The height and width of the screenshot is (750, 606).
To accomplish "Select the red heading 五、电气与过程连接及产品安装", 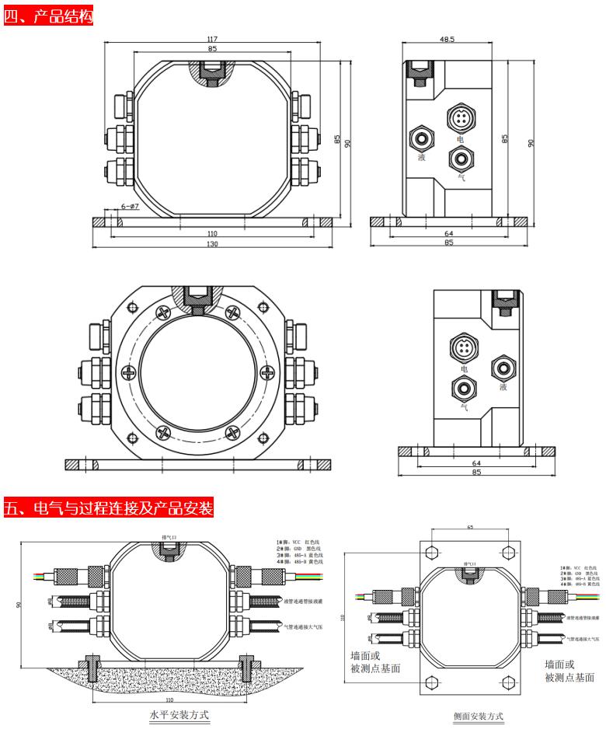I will point(108,509).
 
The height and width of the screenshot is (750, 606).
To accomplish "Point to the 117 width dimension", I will point(212,39).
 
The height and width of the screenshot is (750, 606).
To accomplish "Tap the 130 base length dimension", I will point(212,244).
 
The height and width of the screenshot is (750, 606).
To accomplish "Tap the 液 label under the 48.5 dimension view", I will point(422,158).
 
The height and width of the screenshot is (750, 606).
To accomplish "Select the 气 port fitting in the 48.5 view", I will point(460,158).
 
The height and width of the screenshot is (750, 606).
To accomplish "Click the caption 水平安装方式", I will point(179,714).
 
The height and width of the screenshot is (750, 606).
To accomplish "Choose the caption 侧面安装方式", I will point(479,716).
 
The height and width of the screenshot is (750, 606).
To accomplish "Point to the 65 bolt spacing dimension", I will point(469,528).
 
